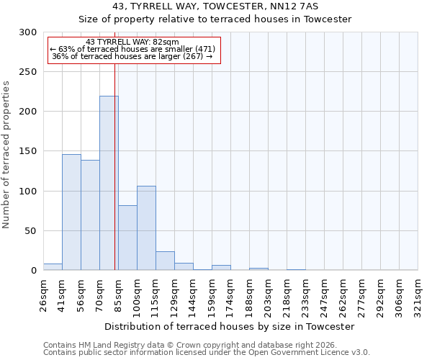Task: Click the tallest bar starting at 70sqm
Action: [x=109, y=183]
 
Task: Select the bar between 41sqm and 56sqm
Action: [x=71, y=212]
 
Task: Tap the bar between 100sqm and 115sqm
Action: [x=146, y=228]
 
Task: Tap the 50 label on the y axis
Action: [x=30, y=231]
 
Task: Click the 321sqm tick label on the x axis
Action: [x=418, y=294]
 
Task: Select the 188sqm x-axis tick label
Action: [x=249, y=294]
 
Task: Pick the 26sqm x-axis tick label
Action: [x=43, y=294]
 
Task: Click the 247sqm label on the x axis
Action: [x=324, y=294]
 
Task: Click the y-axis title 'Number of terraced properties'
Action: [x=6, y=154]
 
